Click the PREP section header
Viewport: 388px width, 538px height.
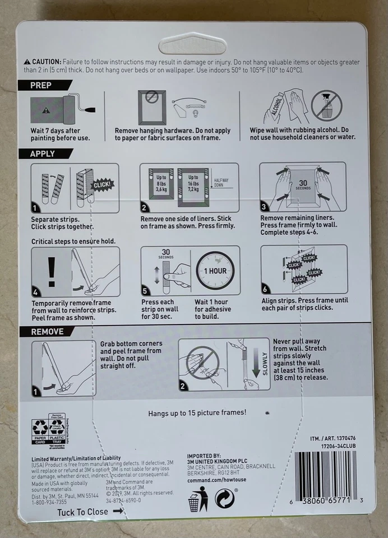coord(42,86)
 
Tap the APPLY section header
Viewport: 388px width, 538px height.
coord(44,154)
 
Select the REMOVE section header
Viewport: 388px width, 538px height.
coord(48,331)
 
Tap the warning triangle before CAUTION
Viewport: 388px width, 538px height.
coord(26,62)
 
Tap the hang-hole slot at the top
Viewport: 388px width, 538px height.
coord(192,43)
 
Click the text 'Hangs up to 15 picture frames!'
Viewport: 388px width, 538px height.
coord(197,413)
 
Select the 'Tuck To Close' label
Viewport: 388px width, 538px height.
coord(82,512)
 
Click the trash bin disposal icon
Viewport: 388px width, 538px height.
coord(194,499)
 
